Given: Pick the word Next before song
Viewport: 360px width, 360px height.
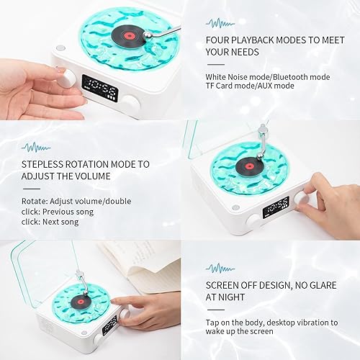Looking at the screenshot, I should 55,223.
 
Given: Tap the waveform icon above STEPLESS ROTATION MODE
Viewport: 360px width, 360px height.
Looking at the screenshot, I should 36,148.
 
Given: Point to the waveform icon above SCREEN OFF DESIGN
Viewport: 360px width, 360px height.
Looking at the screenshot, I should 220,268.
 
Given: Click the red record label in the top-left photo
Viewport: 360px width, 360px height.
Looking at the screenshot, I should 127,32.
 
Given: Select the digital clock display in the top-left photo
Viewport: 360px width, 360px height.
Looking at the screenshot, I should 99,90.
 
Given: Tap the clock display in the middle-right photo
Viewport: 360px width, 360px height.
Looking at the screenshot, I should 276,207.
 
